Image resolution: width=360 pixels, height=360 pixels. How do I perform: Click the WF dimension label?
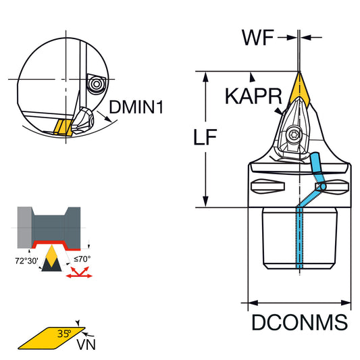point(258,38)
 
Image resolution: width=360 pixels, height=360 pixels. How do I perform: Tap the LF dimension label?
point(205,137)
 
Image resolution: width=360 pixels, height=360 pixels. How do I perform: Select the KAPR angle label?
point(253,96)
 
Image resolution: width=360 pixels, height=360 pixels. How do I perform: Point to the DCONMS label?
point(299,322)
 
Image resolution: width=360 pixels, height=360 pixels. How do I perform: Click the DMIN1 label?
point(136,107)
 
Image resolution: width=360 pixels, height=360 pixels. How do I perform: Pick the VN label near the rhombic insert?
point(86,344)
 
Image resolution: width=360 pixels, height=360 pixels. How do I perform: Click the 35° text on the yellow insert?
point(64,334)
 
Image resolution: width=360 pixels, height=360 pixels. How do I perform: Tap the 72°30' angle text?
point(26,261)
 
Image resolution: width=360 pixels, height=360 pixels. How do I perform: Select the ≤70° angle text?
point(82,259)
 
